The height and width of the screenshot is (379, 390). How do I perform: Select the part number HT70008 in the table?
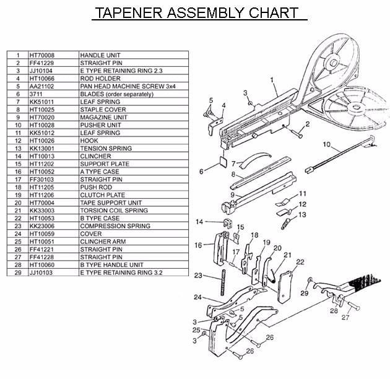pos(42,55)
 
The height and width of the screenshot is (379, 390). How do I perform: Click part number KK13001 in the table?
pos(42,149)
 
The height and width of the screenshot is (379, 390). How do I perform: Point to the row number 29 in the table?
pos(18,273)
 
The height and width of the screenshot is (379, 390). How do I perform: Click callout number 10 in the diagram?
pos(327,146)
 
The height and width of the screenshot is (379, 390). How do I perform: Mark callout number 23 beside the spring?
pos(198,275)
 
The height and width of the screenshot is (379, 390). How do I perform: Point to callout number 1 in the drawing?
pos(272,79)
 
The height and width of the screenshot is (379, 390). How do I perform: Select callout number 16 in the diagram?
pos(198,245)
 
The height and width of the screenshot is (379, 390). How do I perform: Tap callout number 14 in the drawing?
pos(199,221)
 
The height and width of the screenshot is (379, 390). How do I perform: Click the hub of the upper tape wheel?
pos(332,62)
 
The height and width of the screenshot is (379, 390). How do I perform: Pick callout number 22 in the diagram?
pos(300,261)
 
